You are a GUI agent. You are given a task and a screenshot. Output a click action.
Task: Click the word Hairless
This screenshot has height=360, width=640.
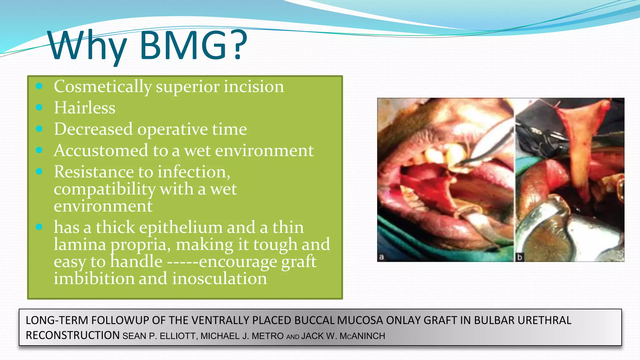85,108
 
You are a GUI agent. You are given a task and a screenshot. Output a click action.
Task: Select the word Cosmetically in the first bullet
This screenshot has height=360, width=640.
102,87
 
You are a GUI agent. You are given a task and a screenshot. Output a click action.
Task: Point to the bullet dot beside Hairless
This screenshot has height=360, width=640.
39,107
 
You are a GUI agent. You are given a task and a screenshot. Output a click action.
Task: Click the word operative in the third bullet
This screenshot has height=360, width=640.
172,129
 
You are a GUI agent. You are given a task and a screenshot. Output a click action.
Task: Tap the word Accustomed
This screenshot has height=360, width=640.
101,151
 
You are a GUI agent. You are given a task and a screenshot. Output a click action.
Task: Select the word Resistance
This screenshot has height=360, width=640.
103,172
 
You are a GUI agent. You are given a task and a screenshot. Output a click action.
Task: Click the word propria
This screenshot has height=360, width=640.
140,245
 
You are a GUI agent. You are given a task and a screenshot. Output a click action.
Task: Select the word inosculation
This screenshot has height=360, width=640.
219,278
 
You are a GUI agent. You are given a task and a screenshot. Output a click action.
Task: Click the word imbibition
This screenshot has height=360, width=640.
94,278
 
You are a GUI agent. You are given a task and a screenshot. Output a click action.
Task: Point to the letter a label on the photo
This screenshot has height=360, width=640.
381,257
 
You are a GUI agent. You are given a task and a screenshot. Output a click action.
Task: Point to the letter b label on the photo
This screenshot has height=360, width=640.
519,257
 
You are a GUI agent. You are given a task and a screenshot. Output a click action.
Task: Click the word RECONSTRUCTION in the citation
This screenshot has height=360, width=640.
72,336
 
